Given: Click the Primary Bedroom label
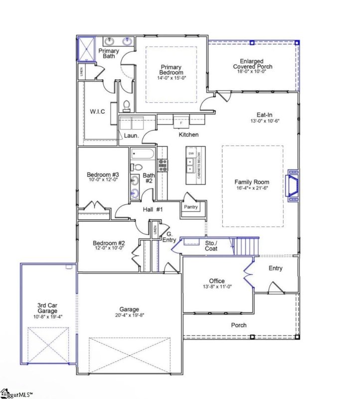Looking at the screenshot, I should pos(171,70).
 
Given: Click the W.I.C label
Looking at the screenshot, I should pos(97,111).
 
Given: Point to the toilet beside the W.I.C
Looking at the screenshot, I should pos(126,106).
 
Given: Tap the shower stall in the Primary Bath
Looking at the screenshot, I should pos(85,49).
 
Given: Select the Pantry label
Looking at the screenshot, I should pos(190,207).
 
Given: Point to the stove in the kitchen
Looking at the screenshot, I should pos(163,164).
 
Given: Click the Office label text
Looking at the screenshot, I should pos(217,281).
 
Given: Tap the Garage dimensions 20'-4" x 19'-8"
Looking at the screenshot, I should pos(129,315).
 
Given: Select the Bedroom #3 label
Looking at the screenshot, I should pos(103,175).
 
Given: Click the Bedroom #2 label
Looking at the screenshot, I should pos(109,244).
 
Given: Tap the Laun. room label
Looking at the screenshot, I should pos(131,135).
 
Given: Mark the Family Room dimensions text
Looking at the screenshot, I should pos(252,189).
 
